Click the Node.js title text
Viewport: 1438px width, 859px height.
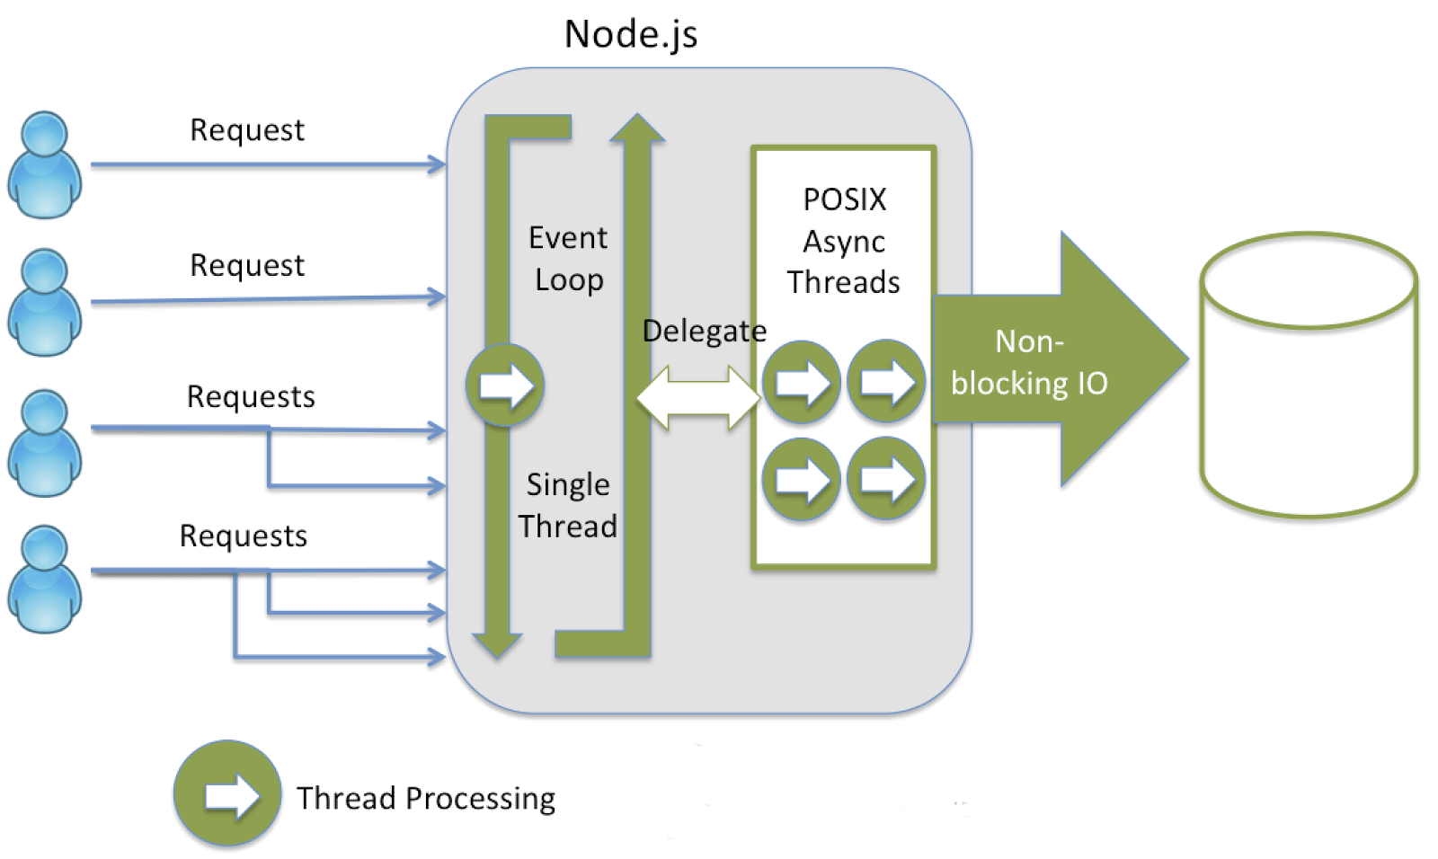630,35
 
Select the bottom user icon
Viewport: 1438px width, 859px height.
44,579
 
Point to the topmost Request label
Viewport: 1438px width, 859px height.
247,130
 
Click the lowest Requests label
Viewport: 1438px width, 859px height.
244,536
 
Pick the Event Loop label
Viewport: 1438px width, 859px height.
568,259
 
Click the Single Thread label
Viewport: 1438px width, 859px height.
568,505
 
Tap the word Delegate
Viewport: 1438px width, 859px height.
705,331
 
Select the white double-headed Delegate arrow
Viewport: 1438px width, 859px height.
698,396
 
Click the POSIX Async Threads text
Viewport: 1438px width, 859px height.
844,241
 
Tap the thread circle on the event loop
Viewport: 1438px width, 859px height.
505,385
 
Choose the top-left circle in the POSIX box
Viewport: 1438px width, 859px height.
801,383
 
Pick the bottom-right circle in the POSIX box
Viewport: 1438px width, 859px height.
886,479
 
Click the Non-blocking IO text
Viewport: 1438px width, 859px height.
1029,362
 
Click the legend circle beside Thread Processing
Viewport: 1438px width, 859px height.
227,794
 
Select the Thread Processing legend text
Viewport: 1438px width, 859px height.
426,798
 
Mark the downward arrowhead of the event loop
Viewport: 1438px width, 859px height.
497,644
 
